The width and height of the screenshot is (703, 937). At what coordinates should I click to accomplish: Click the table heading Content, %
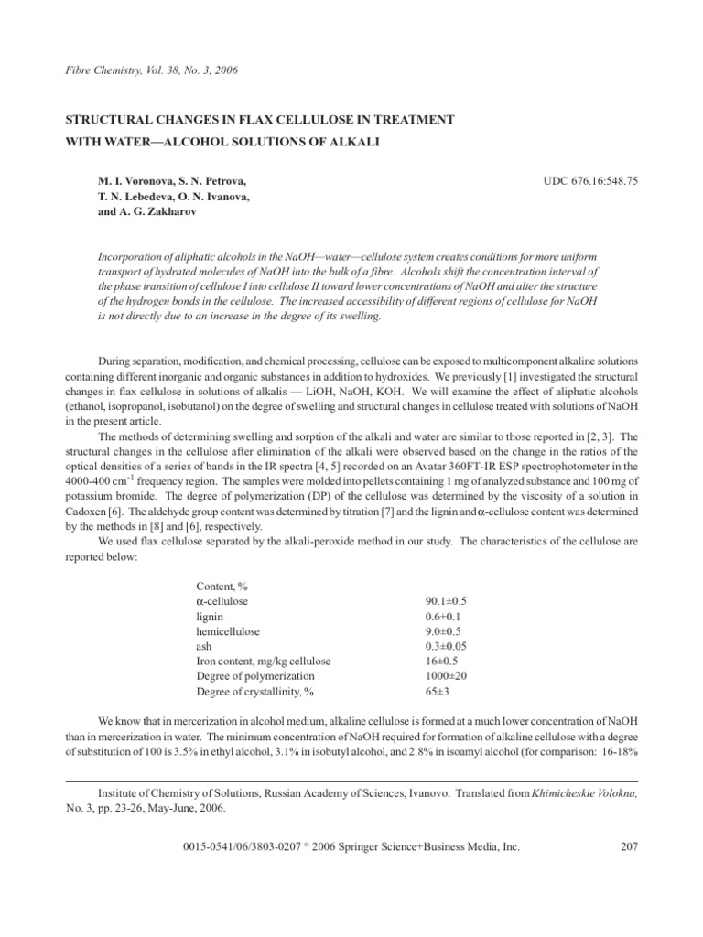(x=223, y=586)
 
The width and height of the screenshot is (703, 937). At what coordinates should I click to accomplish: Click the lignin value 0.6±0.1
(x=443, y=616)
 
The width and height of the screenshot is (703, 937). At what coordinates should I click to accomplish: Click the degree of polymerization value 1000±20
(x=443, y=675)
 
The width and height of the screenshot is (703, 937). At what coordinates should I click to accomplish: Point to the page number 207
(x=628, y=847)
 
